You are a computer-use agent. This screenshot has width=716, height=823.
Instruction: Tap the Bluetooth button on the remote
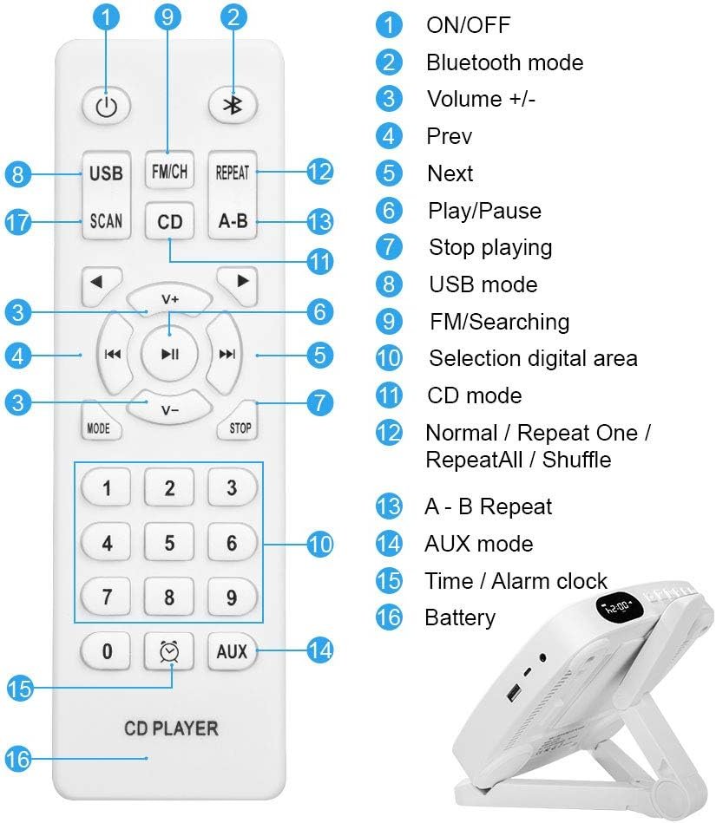(x=232, y=105)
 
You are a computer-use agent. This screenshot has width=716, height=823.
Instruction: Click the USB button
(x=106, y=173)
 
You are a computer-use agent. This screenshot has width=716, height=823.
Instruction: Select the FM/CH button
(x=169, y=172)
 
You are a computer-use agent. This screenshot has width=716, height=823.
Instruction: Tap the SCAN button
(x=106, y=221)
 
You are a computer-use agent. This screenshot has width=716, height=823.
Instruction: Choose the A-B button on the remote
(x=232, y=221)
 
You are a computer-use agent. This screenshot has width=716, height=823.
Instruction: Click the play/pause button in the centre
(x=170, y=353)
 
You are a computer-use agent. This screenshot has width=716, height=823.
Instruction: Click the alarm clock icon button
(x=169, y=650)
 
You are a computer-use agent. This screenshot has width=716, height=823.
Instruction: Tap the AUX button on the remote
(x=232, y=650)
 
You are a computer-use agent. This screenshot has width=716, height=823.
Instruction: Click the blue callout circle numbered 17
(x=17, y=222)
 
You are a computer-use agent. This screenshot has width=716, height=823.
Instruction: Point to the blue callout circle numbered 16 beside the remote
(x=17, y=760)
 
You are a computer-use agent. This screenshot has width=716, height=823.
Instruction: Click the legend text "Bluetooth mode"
(x=504, y=62)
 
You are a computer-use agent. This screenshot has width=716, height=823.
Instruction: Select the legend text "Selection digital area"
(x=533, y=358)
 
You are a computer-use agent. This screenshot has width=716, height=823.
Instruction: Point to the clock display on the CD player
(x=618, y=607)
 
